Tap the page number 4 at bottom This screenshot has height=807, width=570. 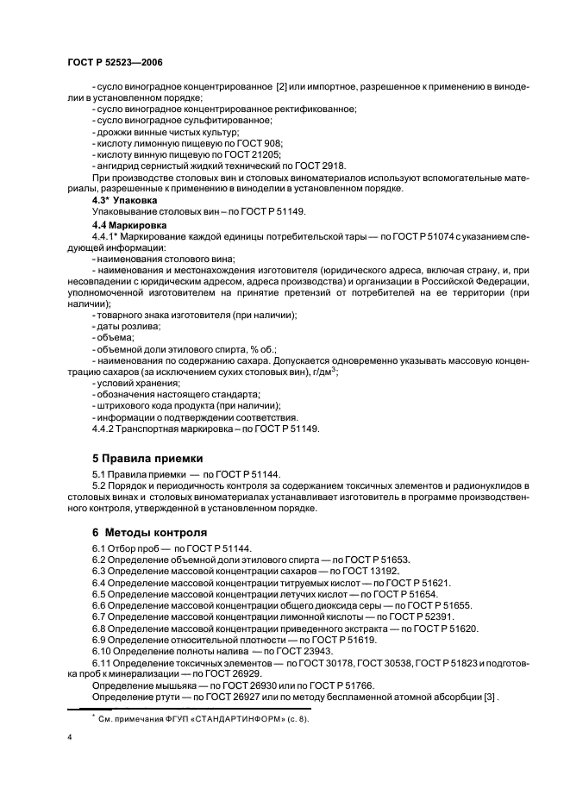pyautogui.click(x=69, y=736)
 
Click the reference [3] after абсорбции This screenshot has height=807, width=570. pyautogui.click(x=466, y=700)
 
